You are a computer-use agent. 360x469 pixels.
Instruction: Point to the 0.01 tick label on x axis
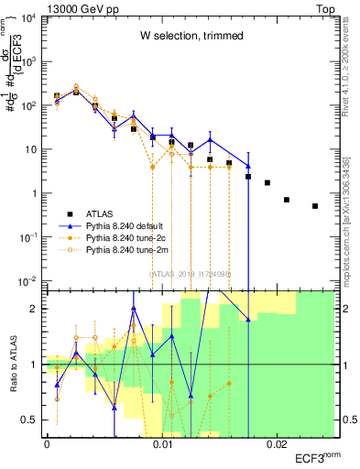tap(162, 444)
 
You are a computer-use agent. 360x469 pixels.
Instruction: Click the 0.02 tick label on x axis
tap(277, 444)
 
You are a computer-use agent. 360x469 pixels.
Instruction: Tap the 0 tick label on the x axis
tap(47, 444)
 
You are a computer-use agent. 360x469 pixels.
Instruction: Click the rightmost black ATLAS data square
tap(315, 206)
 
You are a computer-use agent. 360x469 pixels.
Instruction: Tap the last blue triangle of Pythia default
tap(248, 166)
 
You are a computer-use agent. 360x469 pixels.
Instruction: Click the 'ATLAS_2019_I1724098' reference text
tap(191, 273)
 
